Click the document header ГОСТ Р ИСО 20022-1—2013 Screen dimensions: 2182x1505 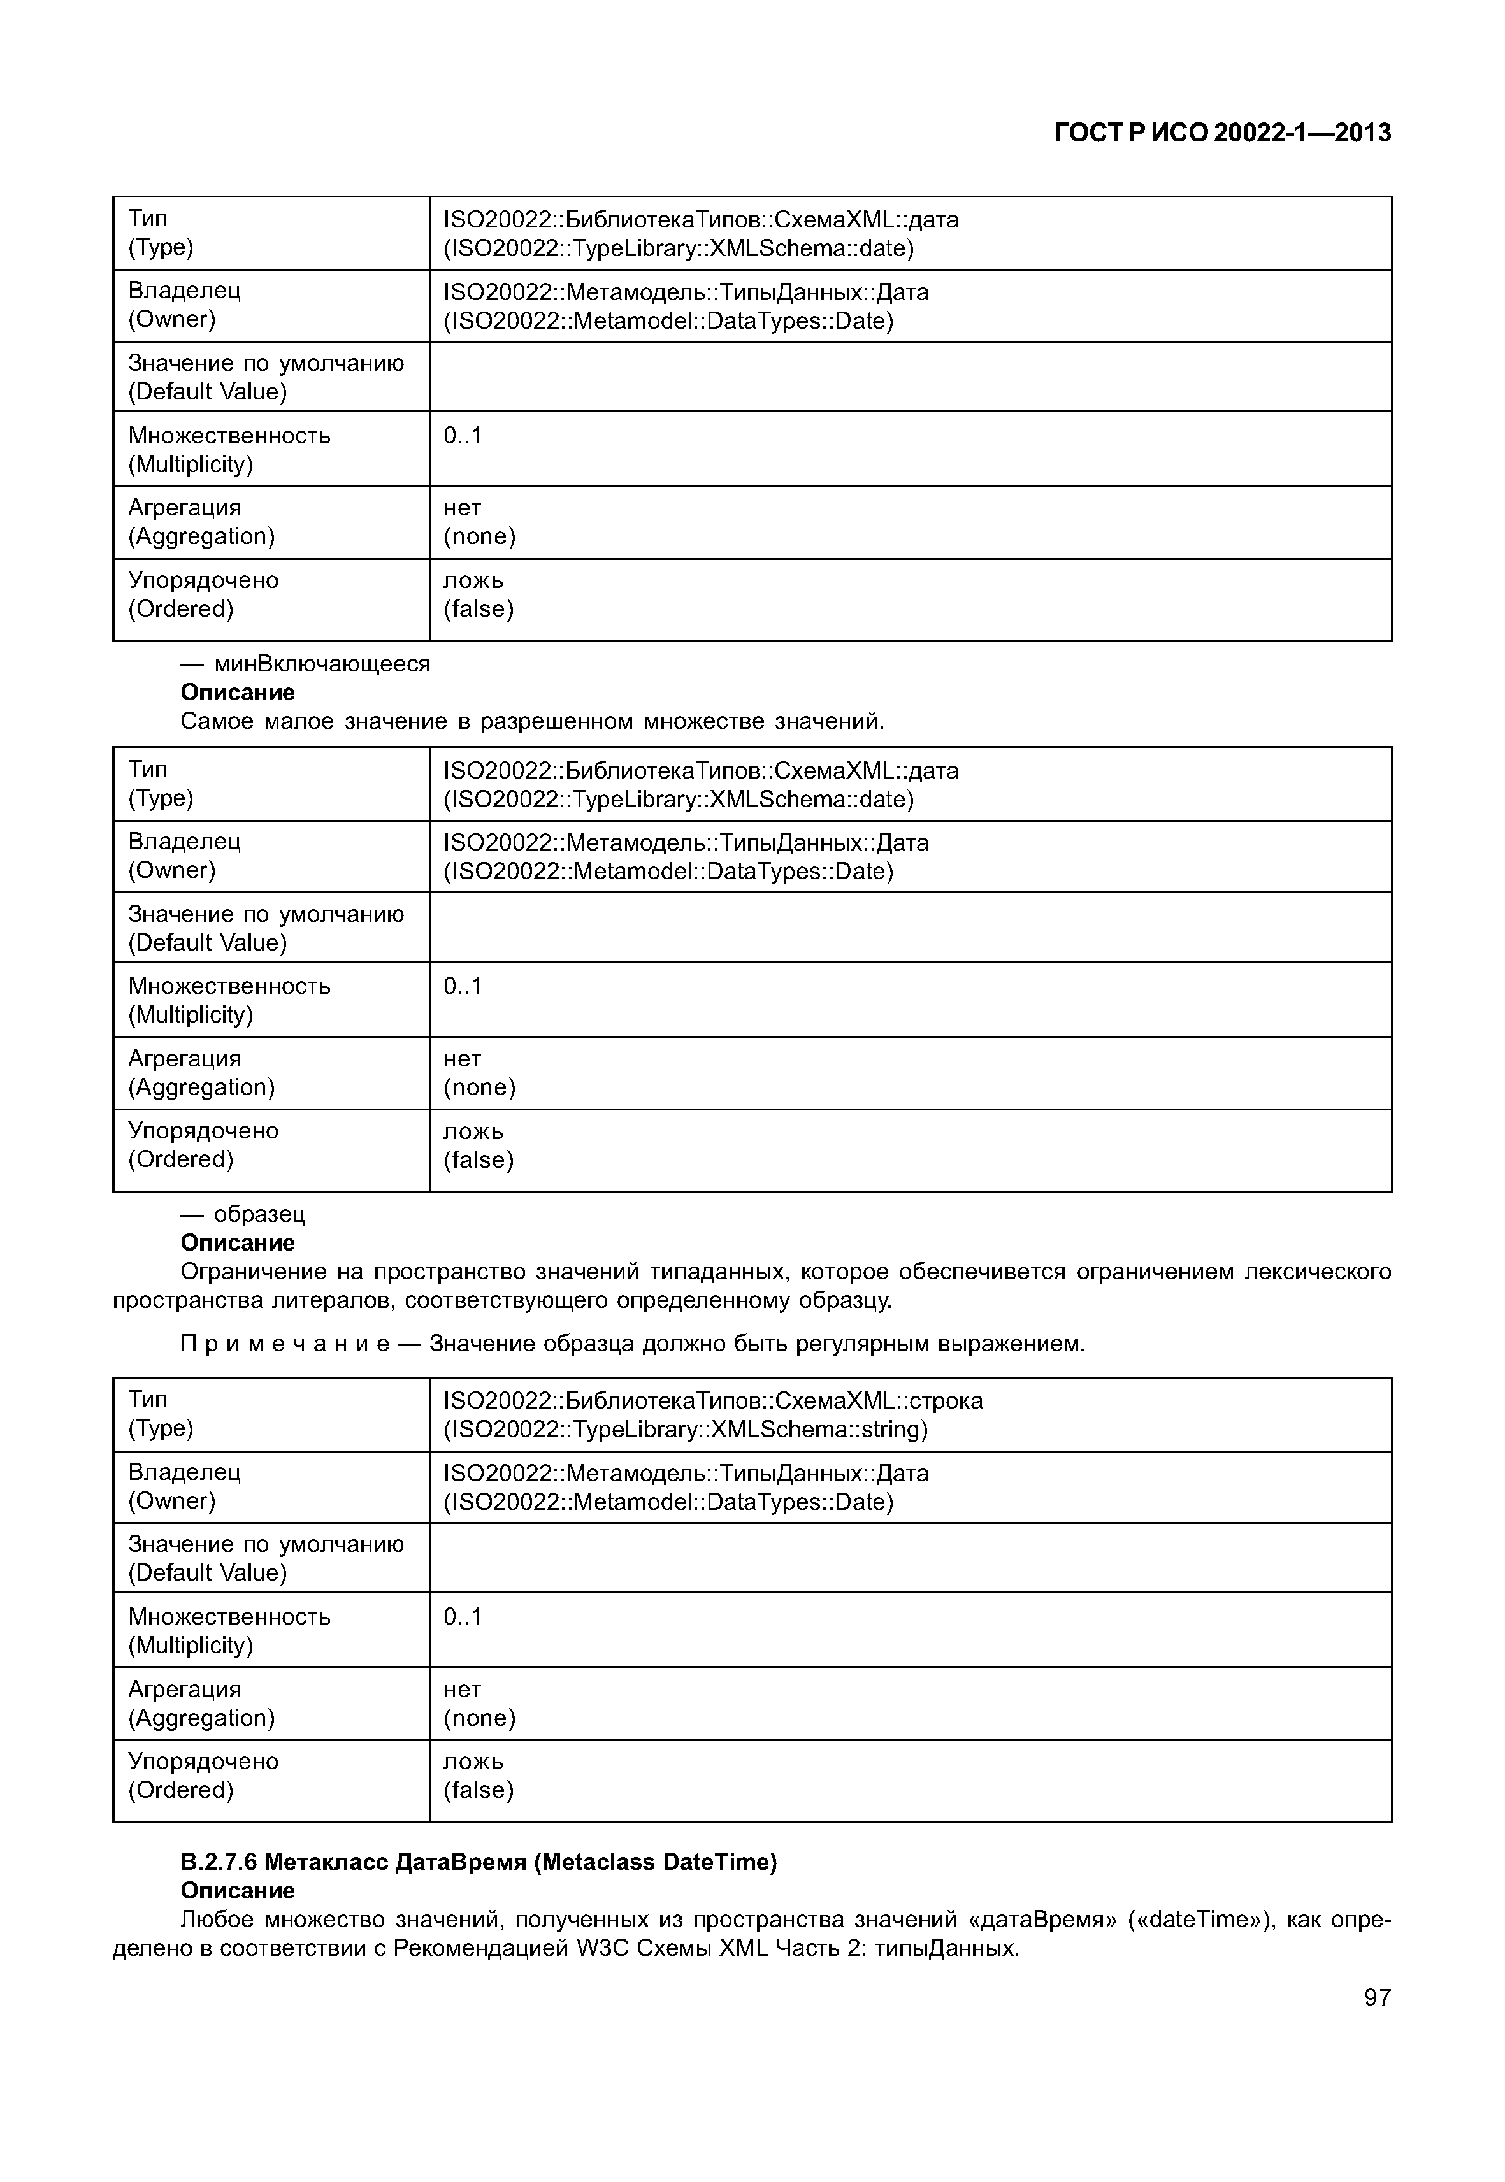click(1221, 133)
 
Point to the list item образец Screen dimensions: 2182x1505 click(259, 1214)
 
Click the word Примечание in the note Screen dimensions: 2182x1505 click(285, 1343)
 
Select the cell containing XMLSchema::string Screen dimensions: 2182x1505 click(713, 1414)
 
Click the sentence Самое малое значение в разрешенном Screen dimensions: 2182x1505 click(532, 721)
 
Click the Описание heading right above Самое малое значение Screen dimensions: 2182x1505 click(238, 692)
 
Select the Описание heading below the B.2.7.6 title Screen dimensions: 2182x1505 click(238, 1891)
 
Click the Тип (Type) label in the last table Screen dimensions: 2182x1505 click(161, 1414)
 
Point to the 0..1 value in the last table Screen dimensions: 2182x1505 click(462, 1616)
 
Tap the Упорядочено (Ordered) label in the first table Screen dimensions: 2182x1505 click(203, 594)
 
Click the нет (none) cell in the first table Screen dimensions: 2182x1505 click(479, 522)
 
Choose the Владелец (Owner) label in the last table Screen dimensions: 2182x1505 click(184, 1486)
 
